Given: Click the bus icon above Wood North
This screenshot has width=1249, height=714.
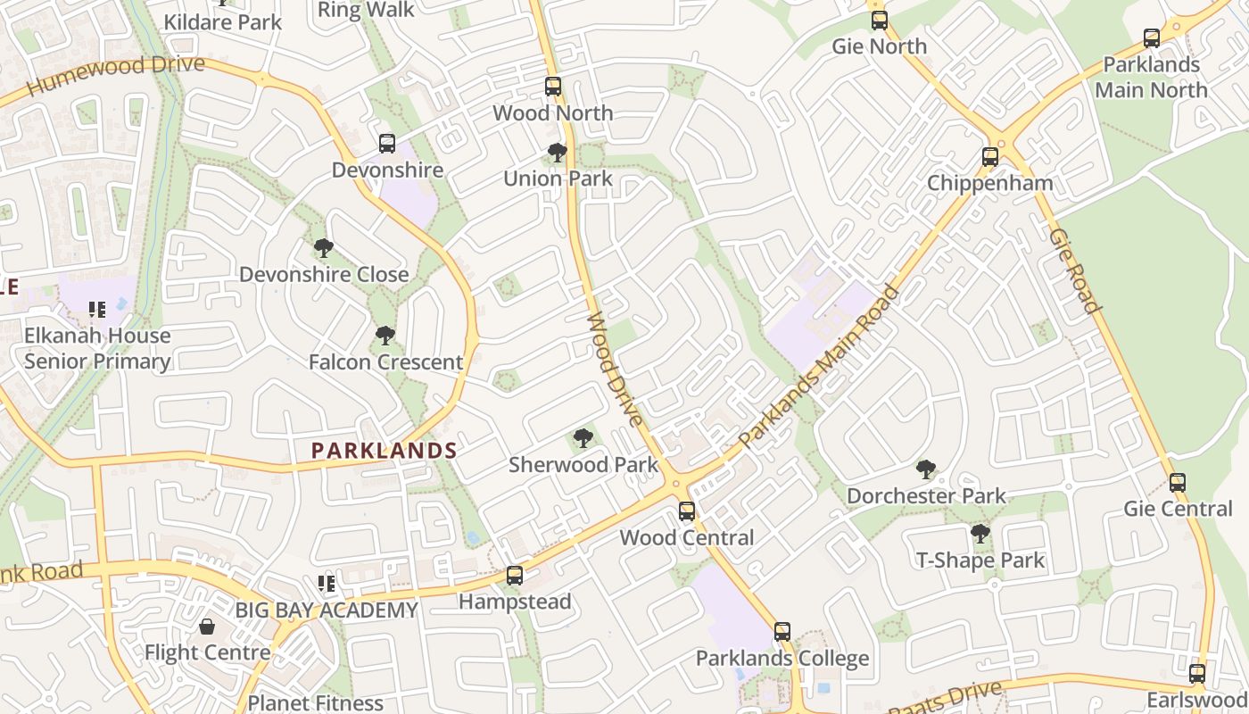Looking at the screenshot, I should (553, 87).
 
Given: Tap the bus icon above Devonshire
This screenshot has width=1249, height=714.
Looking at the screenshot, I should (387, 144).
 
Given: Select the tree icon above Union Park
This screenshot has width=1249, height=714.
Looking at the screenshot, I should (558, 153).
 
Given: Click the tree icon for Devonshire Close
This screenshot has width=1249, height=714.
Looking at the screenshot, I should (324, 248).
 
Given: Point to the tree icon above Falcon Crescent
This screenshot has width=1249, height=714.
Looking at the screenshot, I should (385, 336).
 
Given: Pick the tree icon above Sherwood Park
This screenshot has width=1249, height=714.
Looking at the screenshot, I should (583, 438).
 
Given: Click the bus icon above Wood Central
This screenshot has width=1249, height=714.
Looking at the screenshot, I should (687, 511).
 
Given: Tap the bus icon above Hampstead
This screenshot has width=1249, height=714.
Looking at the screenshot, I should (515, 576).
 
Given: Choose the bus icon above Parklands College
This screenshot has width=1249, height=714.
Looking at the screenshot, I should (782, 632).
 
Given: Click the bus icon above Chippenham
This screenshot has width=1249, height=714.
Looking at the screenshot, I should (990, 157).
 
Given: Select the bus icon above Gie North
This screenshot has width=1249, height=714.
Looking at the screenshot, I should (880, 21).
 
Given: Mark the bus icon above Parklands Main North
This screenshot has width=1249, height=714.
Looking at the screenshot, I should (1152, 38).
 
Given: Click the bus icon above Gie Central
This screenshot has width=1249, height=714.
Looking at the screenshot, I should (1178, 483).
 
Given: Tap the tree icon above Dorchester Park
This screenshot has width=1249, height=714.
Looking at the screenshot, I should (926, 469).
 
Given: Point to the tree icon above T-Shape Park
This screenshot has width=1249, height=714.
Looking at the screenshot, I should (980, 535).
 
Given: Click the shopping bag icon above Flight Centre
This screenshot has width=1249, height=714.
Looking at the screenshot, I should (207, 627).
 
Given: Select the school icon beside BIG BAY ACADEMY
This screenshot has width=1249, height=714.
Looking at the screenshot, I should (327, 584).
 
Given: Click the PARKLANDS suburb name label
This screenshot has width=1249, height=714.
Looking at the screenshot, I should (384, 451).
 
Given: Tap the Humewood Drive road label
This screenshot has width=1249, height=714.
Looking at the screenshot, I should (116, 76).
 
